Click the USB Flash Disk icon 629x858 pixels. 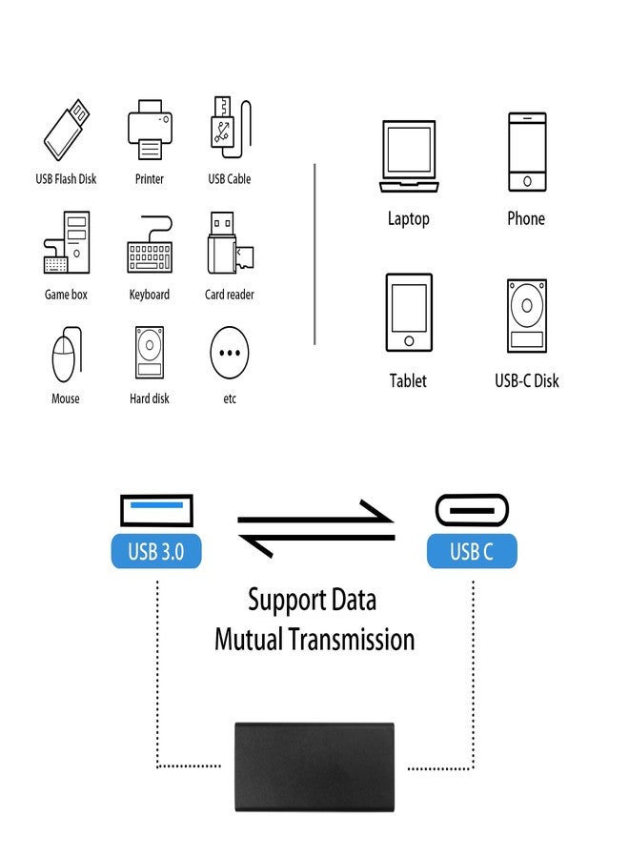click(x=67, y=131)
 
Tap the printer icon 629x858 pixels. click(x=150, y=131)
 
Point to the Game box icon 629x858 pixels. click(x=66, y=245)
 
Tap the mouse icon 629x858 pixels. click(x=64, y=355)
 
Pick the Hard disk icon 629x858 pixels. click(x=150, y=354)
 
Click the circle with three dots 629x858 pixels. click(x=230, y=352)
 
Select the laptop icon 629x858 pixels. click(x=408, y=156)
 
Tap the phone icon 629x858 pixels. click(x=526, y=153)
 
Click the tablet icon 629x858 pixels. click(x=408, y=315)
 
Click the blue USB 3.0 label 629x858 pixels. click(x=156, y=551)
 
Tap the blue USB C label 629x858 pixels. click(x=472, y=551)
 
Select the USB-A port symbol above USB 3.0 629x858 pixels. click(x=156, y=511)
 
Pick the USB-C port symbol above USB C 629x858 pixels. click(x=472, y=511)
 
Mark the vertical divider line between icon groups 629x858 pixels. click(x=314, y=253)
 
